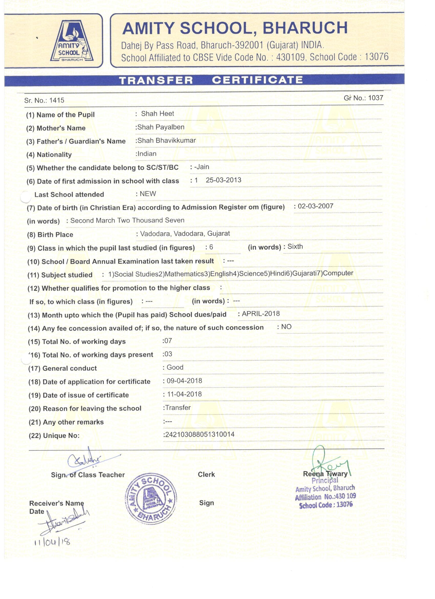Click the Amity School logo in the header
(72, 41)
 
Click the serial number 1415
(57, 100)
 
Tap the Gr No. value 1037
(375, 98)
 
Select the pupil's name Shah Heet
(157, 113)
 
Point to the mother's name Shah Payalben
(161, 127)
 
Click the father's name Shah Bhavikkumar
(167, 140)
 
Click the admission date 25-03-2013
(223, 180)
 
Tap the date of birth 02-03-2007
(316, 206)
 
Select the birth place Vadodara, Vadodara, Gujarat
(185, 233)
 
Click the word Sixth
(295, 247)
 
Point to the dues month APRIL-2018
(261, 314)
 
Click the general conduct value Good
(175, 367)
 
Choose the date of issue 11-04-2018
(184, 394)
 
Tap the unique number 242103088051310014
(199, 435)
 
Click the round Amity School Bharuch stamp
(151, 498)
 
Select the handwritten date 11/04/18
(52, 543)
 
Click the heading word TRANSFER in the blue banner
(156, 80)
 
